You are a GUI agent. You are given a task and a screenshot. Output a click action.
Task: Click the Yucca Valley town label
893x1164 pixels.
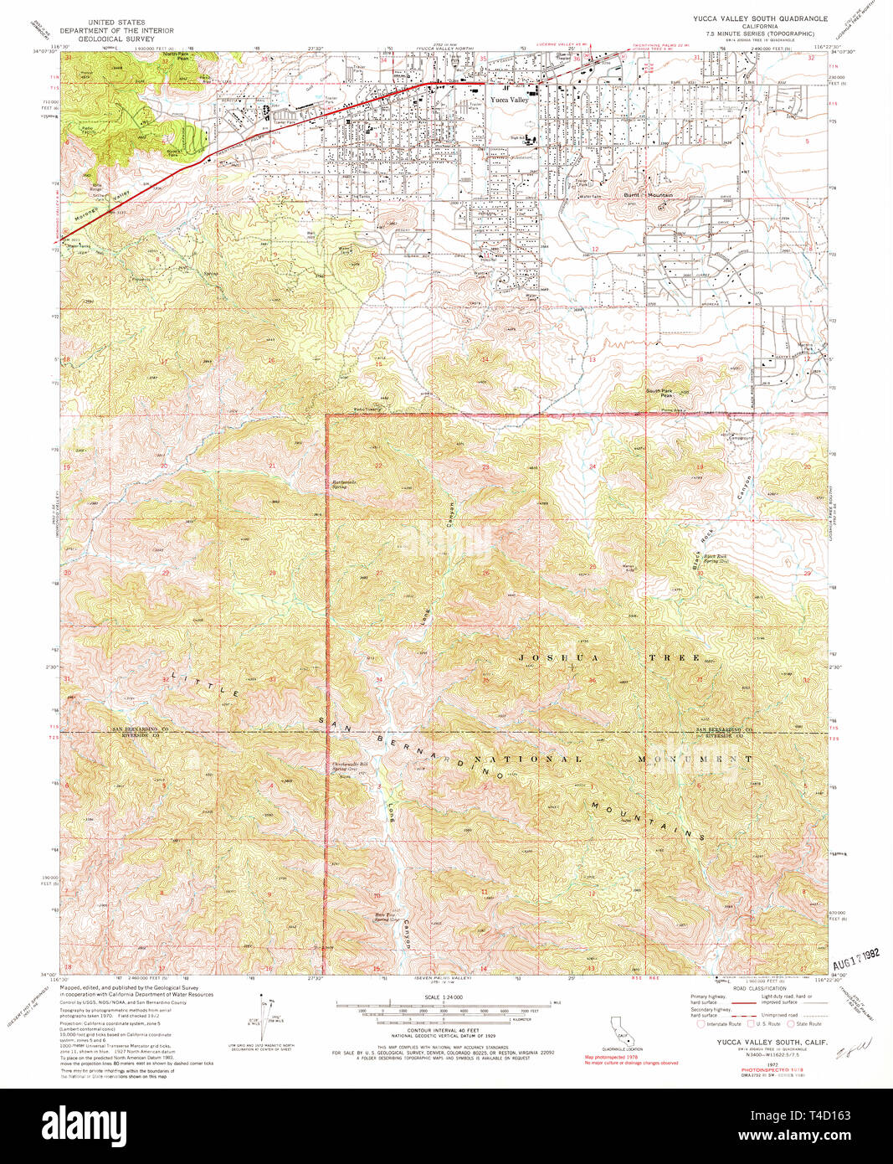coord(509,100)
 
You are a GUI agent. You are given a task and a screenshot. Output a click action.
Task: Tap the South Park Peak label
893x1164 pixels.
coord(659,392)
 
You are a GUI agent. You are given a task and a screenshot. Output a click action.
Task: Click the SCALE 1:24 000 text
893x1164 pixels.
coord(443,996)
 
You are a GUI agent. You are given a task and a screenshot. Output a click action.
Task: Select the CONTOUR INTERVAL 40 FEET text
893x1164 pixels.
coord(444,1031)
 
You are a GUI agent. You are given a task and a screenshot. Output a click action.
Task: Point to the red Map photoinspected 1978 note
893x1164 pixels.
coord(611,1057)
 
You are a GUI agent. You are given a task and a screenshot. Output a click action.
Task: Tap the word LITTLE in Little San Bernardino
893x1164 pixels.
coord(206,682)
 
